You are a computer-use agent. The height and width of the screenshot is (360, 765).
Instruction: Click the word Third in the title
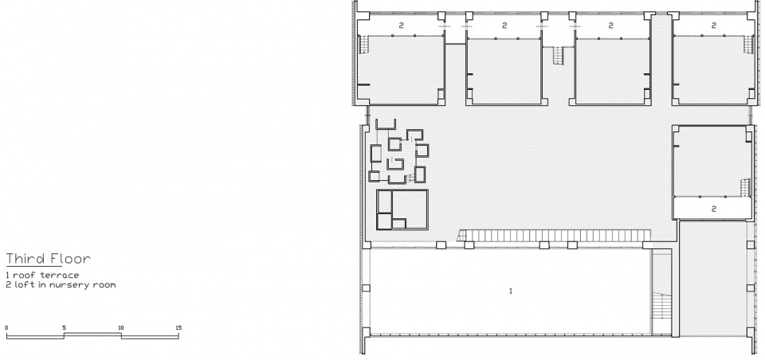pyautogui.click(x=25, y=258)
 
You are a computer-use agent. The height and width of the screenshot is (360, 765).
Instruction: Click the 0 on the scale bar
pyautogui.click(x=6, y=328)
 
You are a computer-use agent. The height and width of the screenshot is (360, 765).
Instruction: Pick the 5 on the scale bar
pyautogui.click(x=64, y=328)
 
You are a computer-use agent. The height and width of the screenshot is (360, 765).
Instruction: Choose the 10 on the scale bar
pyautogui.click(x=121, y=328)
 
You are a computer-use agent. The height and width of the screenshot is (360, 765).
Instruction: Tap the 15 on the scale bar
pyautogui.click(x=178, y=328)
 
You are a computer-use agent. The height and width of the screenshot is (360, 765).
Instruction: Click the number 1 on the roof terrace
pyautogui.click(x=511, y=292)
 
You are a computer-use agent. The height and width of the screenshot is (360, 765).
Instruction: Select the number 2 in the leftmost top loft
pyautogui.click(x=401, y=25)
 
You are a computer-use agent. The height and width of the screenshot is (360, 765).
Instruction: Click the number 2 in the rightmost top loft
pyautogui.click(x=714, y=25)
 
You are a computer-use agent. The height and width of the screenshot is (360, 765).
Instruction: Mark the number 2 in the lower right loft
pyautogui.click(x=713, y=209)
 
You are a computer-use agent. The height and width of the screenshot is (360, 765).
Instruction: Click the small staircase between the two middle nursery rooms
pyautogui.click(x=559, y=55)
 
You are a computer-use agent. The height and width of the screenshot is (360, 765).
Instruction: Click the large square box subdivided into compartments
pyautogui.click(x=402, y=209)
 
